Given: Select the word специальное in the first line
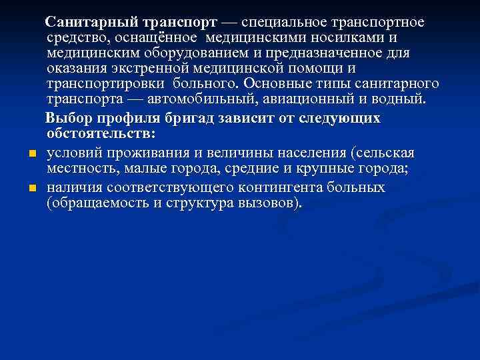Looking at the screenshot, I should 286,23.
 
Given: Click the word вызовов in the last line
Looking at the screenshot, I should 269,203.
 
